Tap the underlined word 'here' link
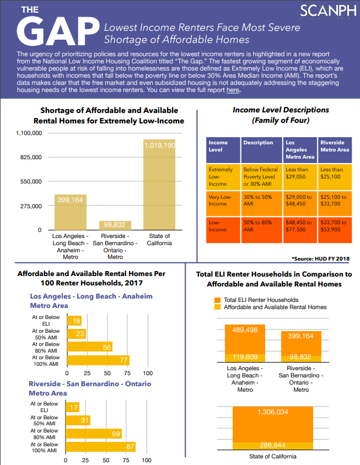(233, 90)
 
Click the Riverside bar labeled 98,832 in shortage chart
(115, 225)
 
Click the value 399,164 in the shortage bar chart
(70, 200)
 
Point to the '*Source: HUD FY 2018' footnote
(321, 258)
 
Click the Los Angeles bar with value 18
(74, 321)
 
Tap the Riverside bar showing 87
(100, 447)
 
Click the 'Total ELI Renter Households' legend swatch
(217, 300)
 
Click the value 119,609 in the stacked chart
(245, 356)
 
